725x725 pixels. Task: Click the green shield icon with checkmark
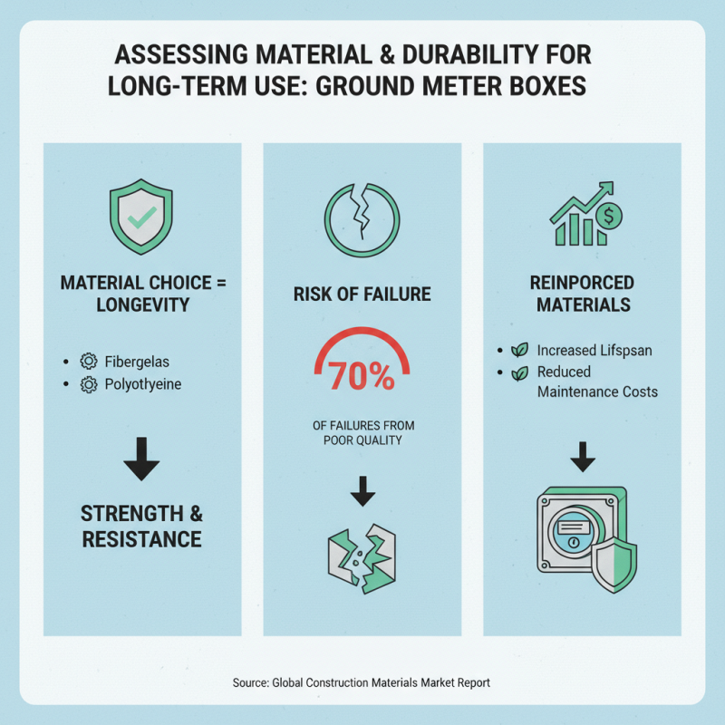pyautogui.click(x=141, y=217)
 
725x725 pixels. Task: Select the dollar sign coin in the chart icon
pyautogui.click(x=608, y=216)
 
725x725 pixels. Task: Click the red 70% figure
pyautogui.click(x=362, y=375)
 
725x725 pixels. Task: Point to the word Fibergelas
pyautogui.click(x=137, y=362)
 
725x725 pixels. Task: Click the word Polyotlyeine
pyautogui.click(x=143, y=384)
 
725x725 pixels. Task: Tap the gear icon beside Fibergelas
pyautogui.click(x=89, y=362)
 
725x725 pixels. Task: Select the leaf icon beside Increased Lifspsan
pyautogui.click(x=519, y=350)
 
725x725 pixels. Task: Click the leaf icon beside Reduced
pyautogui.click(x=519, y=372)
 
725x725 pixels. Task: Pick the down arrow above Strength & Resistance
pyautogui.click(x=141, y=459)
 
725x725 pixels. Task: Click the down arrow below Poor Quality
pyautogui.click(x=363, y=491)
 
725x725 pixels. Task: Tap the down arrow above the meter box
pyautogui.click(x=583, y=457)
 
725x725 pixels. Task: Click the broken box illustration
pyautogui.click(x=362, y=559)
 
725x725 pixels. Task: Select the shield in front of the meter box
pyautogui.click(x=614, y=565)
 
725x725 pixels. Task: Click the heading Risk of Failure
pyautogui.click(x=362, y=295)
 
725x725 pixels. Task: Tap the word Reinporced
pyautogui.click(x=582, y=283)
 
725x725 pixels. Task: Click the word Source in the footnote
pyautogui.click(x=250, y=683)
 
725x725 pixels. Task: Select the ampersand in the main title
pyautogui.click(x=387, y=54)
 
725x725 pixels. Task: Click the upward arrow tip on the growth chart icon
pyautogui.click(x=613, y=183)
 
